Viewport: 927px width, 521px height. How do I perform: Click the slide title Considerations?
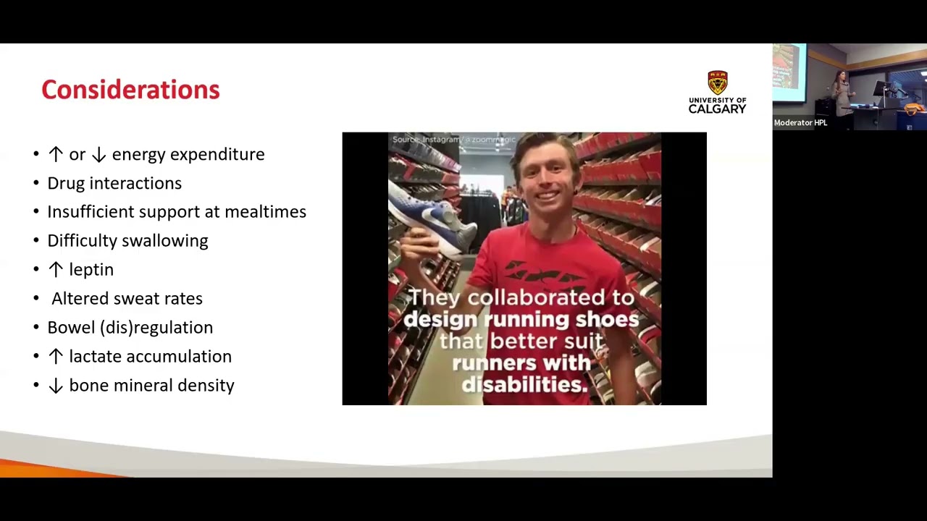tap(130, 90)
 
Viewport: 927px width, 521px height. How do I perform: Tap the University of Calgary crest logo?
tap(717, 82)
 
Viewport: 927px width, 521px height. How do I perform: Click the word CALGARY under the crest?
tap(717, 109)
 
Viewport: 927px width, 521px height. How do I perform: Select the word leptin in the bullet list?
tap(91, 269)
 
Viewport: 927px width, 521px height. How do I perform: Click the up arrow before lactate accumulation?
tap(56, 356)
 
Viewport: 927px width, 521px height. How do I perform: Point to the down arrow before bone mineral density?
tap(56, 386)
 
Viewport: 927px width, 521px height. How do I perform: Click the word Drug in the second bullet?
tap(66, 183)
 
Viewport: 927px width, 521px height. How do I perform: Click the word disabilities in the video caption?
tap(524, 384)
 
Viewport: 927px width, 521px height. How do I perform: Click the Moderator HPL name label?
tap(800, 122)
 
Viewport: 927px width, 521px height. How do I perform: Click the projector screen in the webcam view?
tap(789, 72)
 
